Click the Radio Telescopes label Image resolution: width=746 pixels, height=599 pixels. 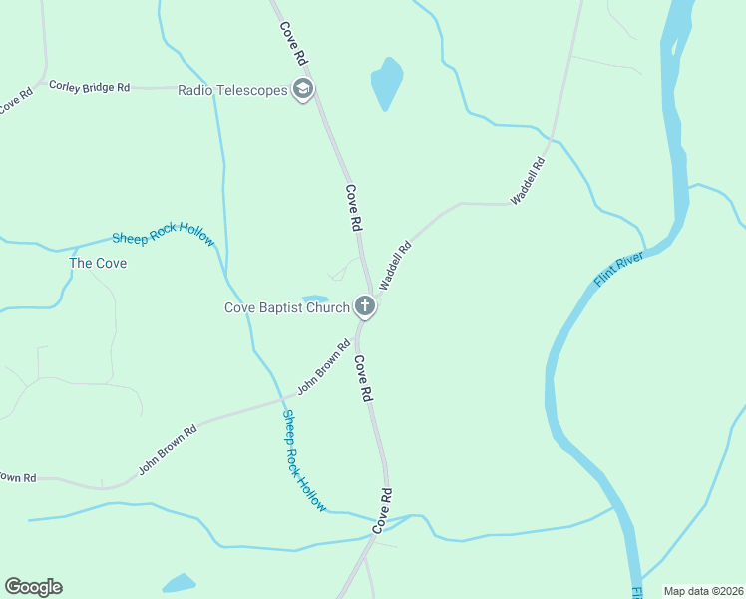(232, 90)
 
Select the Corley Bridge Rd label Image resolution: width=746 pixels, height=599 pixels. (89, 87)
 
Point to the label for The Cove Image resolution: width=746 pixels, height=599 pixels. (98, 263)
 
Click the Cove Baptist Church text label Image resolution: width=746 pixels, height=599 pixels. (286, 307)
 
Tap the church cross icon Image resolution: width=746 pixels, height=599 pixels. (365, 306)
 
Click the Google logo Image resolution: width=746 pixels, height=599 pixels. (33, 587)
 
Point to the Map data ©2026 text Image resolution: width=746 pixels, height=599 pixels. (703, 591)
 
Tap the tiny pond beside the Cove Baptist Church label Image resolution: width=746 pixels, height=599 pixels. (315, 298)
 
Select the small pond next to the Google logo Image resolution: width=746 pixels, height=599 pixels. (180, 583)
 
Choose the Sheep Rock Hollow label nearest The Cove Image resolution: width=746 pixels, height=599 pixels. (163, 237)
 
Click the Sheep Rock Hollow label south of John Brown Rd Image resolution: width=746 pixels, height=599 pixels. (304, 460)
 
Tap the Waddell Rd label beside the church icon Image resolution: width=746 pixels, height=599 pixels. (395, 266)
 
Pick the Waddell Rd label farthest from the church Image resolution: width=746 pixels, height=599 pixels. (528, 181)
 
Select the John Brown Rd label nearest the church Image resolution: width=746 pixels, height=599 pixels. (324, 366)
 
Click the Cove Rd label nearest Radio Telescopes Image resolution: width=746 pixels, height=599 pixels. (293, 45)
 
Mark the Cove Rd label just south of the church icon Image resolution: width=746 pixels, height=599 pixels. (363, 379)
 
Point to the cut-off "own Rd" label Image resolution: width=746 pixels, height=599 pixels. (17, 477)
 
